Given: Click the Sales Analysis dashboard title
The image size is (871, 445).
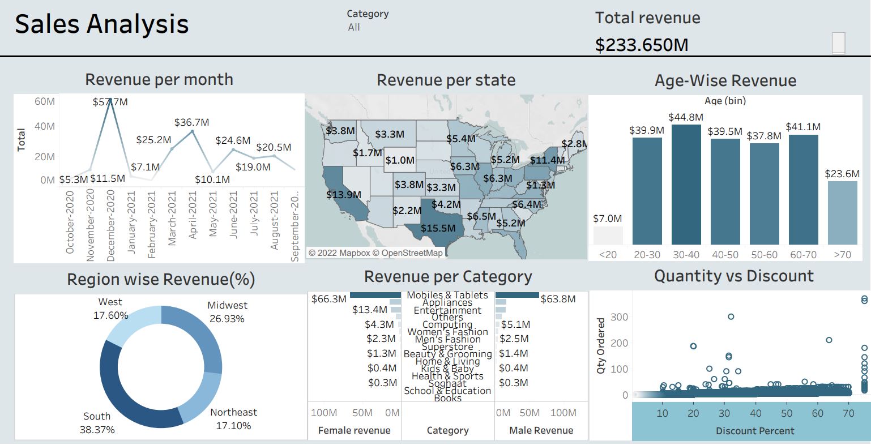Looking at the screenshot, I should [102, 24].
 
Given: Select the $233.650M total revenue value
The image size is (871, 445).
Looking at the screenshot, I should [642, 45].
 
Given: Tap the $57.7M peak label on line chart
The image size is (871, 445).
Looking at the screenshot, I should [110, 102].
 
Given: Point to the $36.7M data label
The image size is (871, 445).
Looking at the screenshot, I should [191, 122].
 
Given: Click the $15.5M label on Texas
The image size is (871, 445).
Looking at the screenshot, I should [438, 228].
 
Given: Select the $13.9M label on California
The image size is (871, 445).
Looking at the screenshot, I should [344, 195].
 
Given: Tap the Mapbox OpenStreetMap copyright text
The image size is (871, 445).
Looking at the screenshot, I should [375, 253].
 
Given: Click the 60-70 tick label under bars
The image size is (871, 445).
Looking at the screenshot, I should [803, 255].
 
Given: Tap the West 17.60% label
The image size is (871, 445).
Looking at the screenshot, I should [110, 309].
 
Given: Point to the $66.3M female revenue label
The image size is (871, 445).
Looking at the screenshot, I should [328, 299].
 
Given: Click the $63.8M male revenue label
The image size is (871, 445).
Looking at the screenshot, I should [558, 299].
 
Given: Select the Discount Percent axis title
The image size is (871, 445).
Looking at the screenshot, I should [755, 431].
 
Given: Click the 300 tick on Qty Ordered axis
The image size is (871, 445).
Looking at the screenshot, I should [620, 317].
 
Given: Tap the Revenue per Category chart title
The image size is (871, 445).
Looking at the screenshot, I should [448, 277].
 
